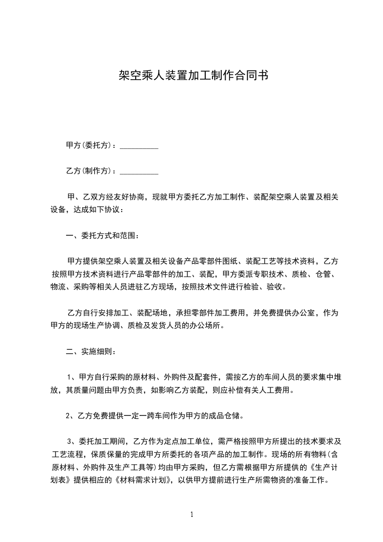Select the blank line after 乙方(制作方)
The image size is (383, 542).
[139, 171]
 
